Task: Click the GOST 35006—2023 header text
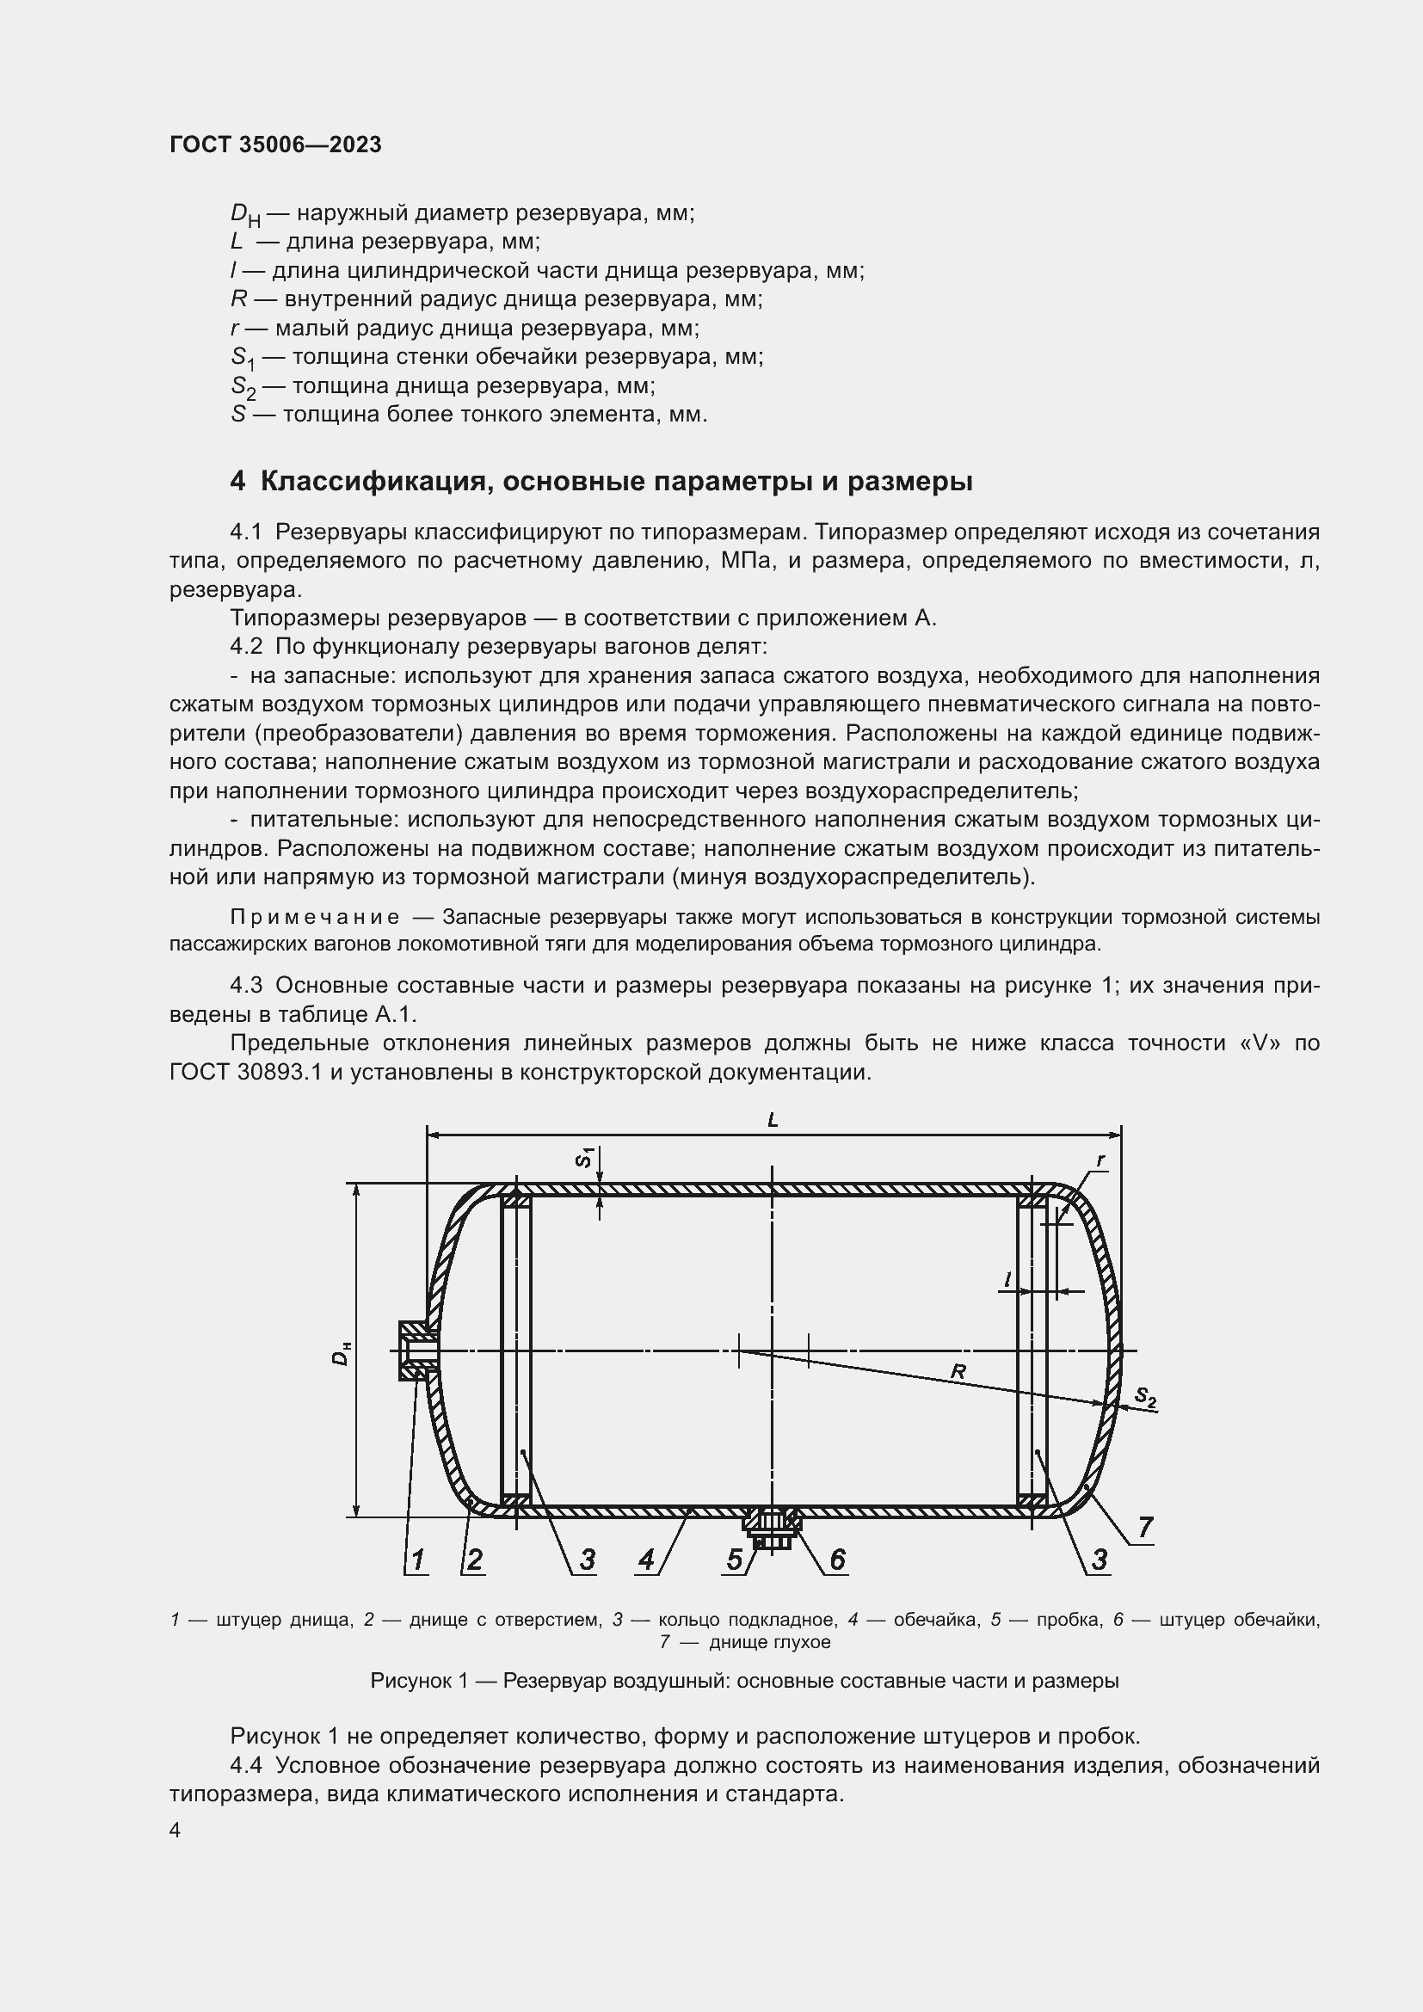(275, 145)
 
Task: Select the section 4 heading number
(237, 482)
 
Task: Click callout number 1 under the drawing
(418, 1559)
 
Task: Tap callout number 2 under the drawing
(474, 1559)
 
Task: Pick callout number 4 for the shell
(647, 1559)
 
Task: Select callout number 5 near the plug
(733, 1559)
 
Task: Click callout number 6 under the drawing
(837, 1559)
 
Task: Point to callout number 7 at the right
(1145, 1528)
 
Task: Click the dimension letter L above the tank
(772, 1120)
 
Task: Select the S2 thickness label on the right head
(1144, 1398)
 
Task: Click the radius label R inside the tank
(958, 1371)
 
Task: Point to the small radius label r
(1100, 1160)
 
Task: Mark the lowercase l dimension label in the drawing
(1007, 1280)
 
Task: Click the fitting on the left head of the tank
(416, 1351)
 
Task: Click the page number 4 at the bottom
(176, 1830)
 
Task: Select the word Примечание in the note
(315, 918)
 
